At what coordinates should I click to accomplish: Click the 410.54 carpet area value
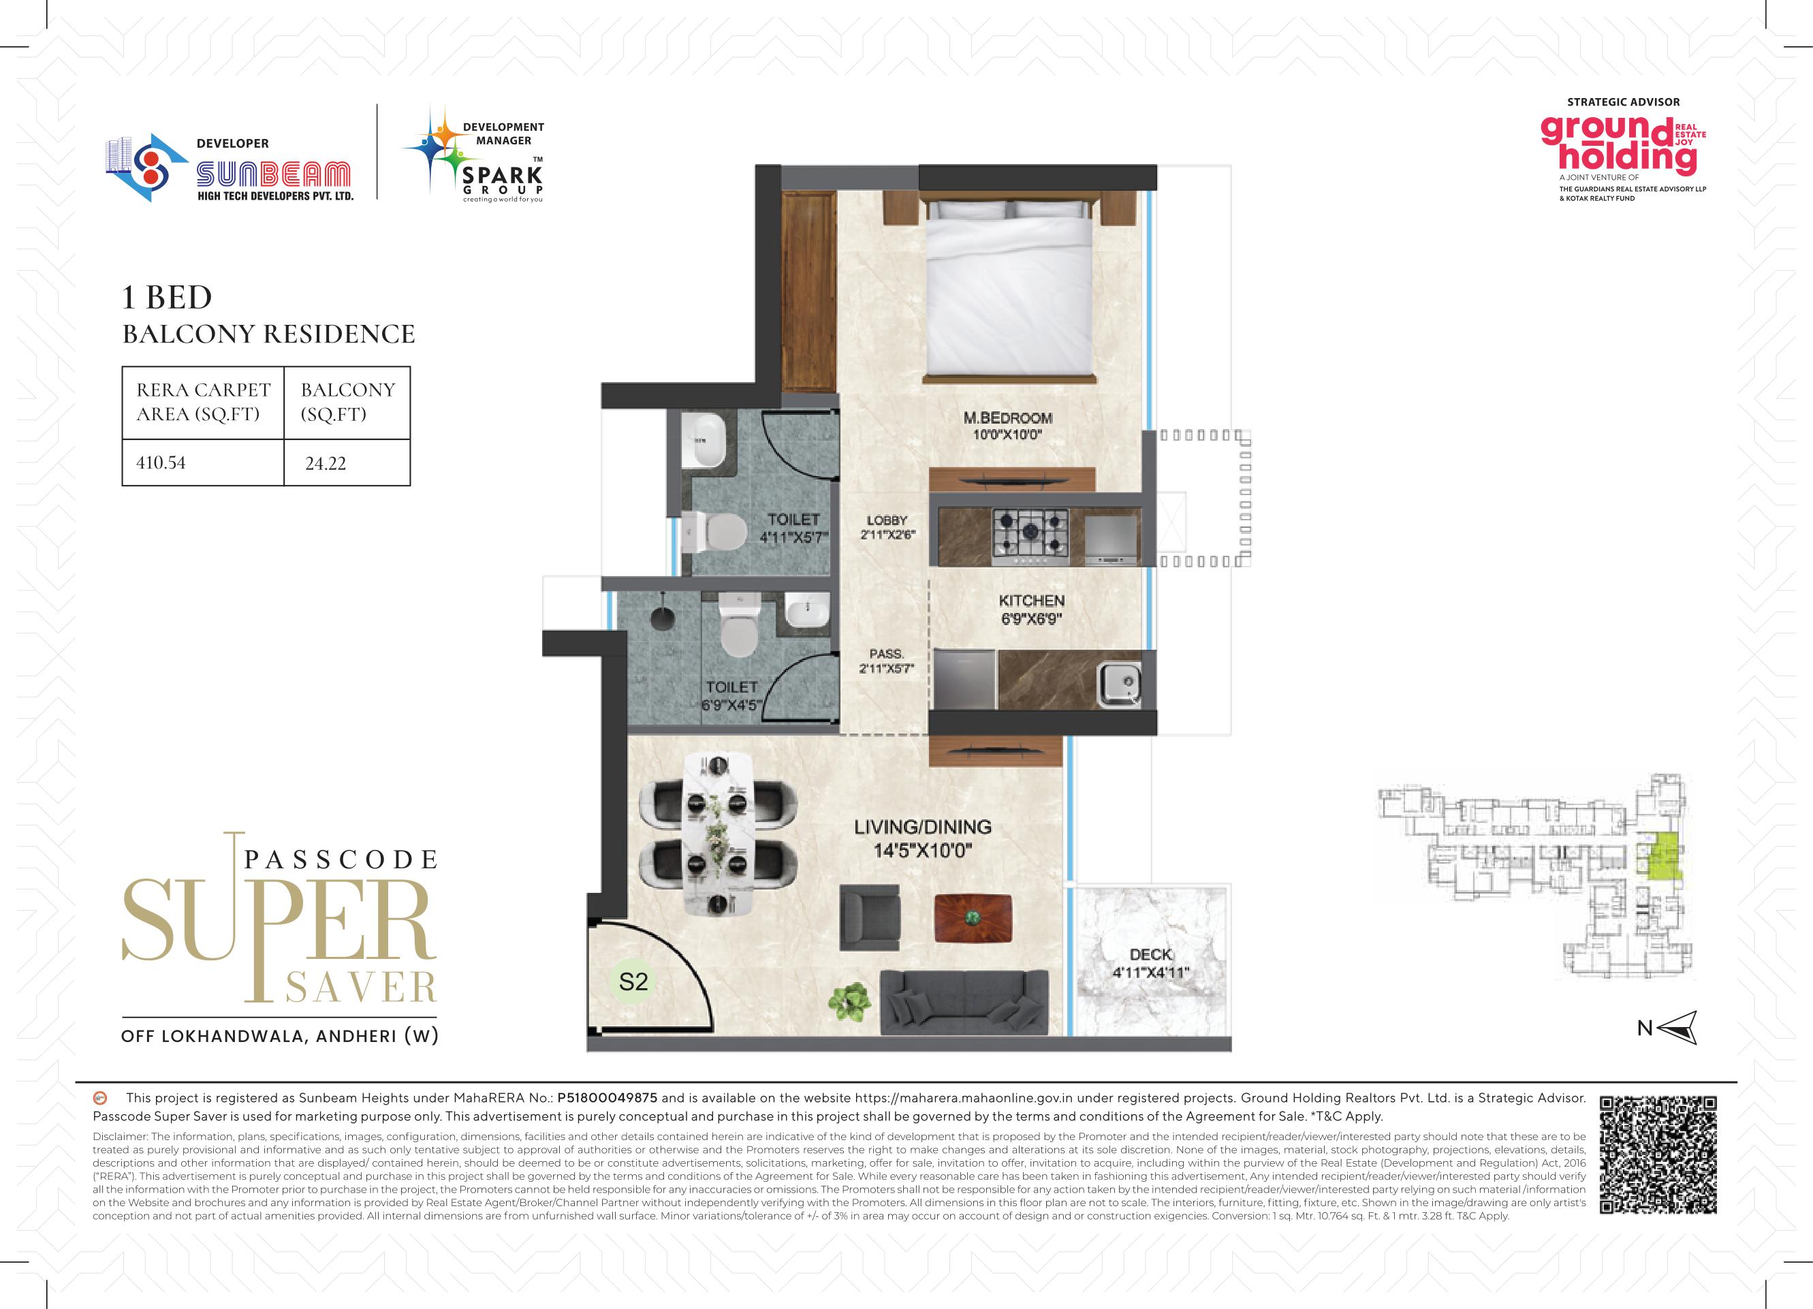pyautogui.click(x=161, y=462)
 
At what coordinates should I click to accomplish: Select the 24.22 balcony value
pyautogui.click(x=326, y=464)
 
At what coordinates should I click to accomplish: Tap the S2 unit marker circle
pyautogui.click(x=633, y=981)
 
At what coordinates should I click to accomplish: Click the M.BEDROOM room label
pyautogui.click(x=1007, y=417)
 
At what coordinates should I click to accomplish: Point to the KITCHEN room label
pyautogui.click(x=1031, y=600)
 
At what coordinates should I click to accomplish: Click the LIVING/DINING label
pyautogui.click(x=922, y=827)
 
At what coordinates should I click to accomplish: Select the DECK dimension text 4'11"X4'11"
pyautogui.click(x=1150, y=973)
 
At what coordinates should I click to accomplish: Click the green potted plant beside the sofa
pyautogui.click(x=848, y=1000)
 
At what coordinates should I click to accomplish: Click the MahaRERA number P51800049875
pyautogui.click(x=607, y=1098)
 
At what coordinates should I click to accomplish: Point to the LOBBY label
pyautogui.click(x=887, y=520)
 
